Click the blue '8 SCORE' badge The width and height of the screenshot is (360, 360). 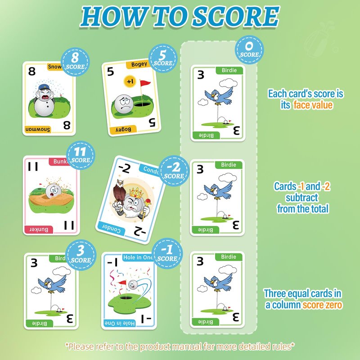(x=75, y=62)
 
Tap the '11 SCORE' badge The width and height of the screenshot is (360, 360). (x=81, y=155)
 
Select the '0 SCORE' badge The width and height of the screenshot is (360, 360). (x=249, y=49)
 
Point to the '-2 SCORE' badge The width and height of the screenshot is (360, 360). (x=174, y=171)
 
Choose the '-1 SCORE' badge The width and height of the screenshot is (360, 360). (x=167, y=253)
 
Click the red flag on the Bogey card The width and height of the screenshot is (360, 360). (x=145, y=83)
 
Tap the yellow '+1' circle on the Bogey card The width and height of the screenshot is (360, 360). (x=130, y=81)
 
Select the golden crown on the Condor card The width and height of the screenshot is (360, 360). (x=136, y=193)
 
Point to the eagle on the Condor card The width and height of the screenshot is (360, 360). (x=119, y=193)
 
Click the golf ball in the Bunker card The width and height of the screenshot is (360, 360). (x=53, y=191)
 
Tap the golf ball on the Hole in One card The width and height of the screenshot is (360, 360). (x=133, y=285)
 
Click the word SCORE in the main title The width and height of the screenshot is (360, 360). (x=235, y=17)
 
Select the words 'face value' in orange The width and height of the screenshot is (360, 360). (x=313, y=105)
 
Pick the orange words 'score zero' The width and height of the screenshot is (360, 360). (x=322, y=305)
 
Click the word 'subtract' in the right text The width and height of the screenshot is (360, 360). (x=301, y=198)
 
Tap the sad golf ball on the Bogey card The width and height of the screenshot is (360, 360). (x=124, y=104)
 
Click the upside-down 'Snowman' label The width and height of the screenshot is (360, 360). (x=38, y=130)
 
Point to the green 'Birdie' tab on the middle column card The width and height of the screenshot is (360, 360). (x=229, y=165)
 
